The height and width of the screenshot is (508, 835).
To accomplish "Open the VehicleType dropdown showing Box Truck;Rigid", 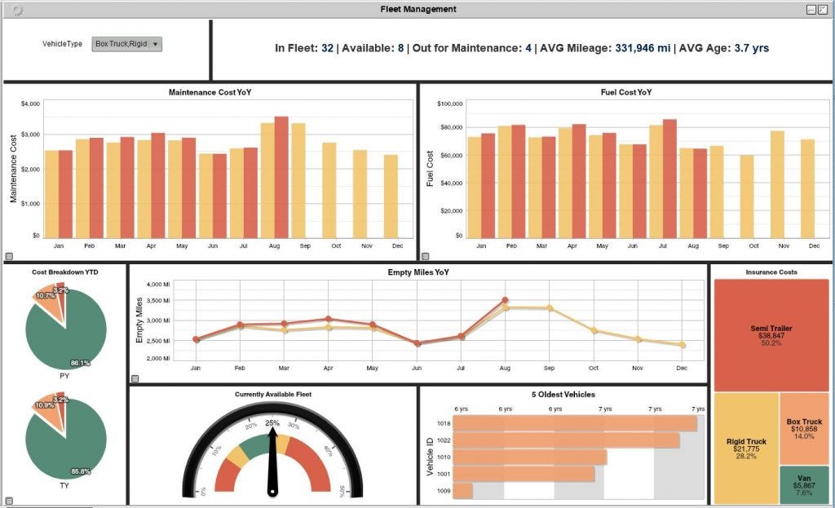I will tap(127, 44).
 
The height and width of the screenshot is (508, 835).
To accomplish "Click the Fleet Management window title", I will tap(418, 9).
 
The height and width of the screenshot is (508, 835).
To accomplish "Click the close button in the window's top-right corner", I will tap(823, 9).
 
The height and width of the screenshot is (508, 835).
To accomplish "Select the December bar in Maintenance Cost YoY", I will tap(391, 196).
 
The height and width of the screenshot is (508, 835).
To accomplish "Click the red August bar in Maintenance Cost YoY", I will tap(281, 177).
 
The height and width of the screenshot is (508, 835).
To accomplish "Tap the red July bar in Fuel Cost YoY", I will tap(669, 179).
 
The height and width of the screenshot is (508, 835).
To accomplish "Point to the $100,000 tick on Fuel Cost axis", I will tap(450, 104).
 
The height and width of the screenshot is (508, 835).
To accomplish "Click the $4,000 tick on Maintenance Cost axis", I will tap(30, 104).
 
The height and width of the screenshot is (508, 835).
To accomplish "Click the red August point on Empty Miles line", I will tap(505, 300).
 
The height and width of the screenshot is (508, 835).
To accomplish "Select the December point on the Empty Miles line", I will tap(683, 345).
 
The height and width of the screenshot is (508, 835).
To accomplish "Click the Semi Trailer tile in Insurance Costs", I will tap(771, 335).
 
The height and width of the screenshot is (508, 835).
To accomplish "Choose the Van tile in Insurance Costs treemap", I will tap(804, 484).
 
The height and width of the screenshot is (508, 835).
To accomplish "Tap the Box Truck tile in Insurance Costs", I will tap(804, 428).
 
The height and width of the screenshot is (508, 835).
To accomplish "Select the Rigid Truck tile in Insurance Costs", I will tap(746, 448).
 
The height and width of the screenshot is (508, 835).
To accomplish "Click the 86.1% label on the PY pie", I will tap(80, 363).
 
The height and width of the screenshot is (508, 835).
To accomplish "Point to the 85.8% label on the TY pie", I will tap(80, 471).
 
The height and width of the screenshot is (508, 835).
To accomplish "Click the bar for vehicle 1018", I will tap(575, 424).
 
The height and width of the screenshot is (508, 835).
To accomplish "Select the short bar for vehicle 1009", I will tap(462, 491).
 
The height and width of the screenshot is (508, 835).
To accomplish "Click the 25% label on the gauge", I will tap(272, 422).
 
